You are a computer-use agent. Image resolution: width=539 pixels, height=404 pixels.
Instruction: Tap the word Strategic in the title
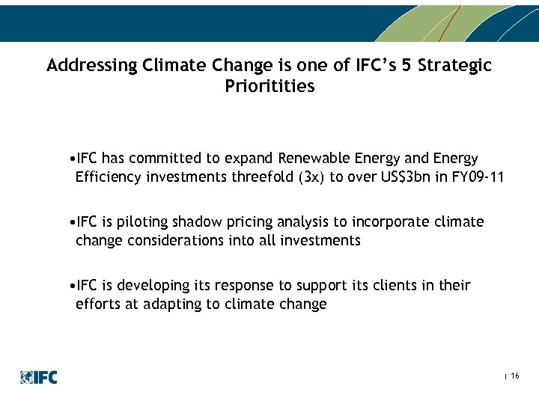click(454, 66)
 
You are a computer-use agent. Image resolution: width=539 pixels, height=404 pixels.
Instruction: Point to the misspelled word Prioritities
click(269, 87)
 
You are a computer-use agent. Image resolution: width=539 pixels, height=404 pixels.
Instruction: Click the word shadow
click(197, 222)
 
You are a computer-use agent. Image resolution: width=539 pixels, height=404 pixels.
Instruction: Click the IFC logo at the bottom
click(39, 377)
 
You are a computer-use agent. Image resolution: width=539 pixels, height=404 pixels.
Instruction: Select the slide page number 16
click(514, 376)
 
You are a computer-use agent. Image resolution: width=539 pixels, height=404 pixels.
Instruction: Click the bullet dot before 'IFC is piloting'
click(69, 222)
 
